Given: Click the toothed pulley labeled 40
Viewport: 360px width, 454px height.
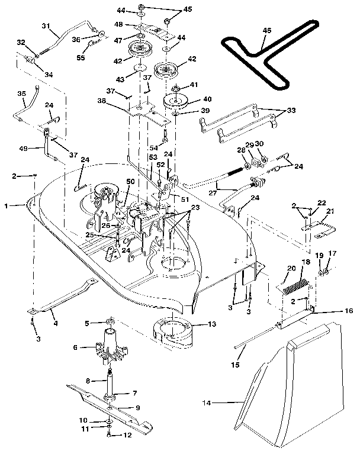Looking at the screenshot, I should (177, 102).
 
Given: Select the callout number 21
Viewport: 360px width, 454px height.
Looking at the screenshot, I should (330, 211).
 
